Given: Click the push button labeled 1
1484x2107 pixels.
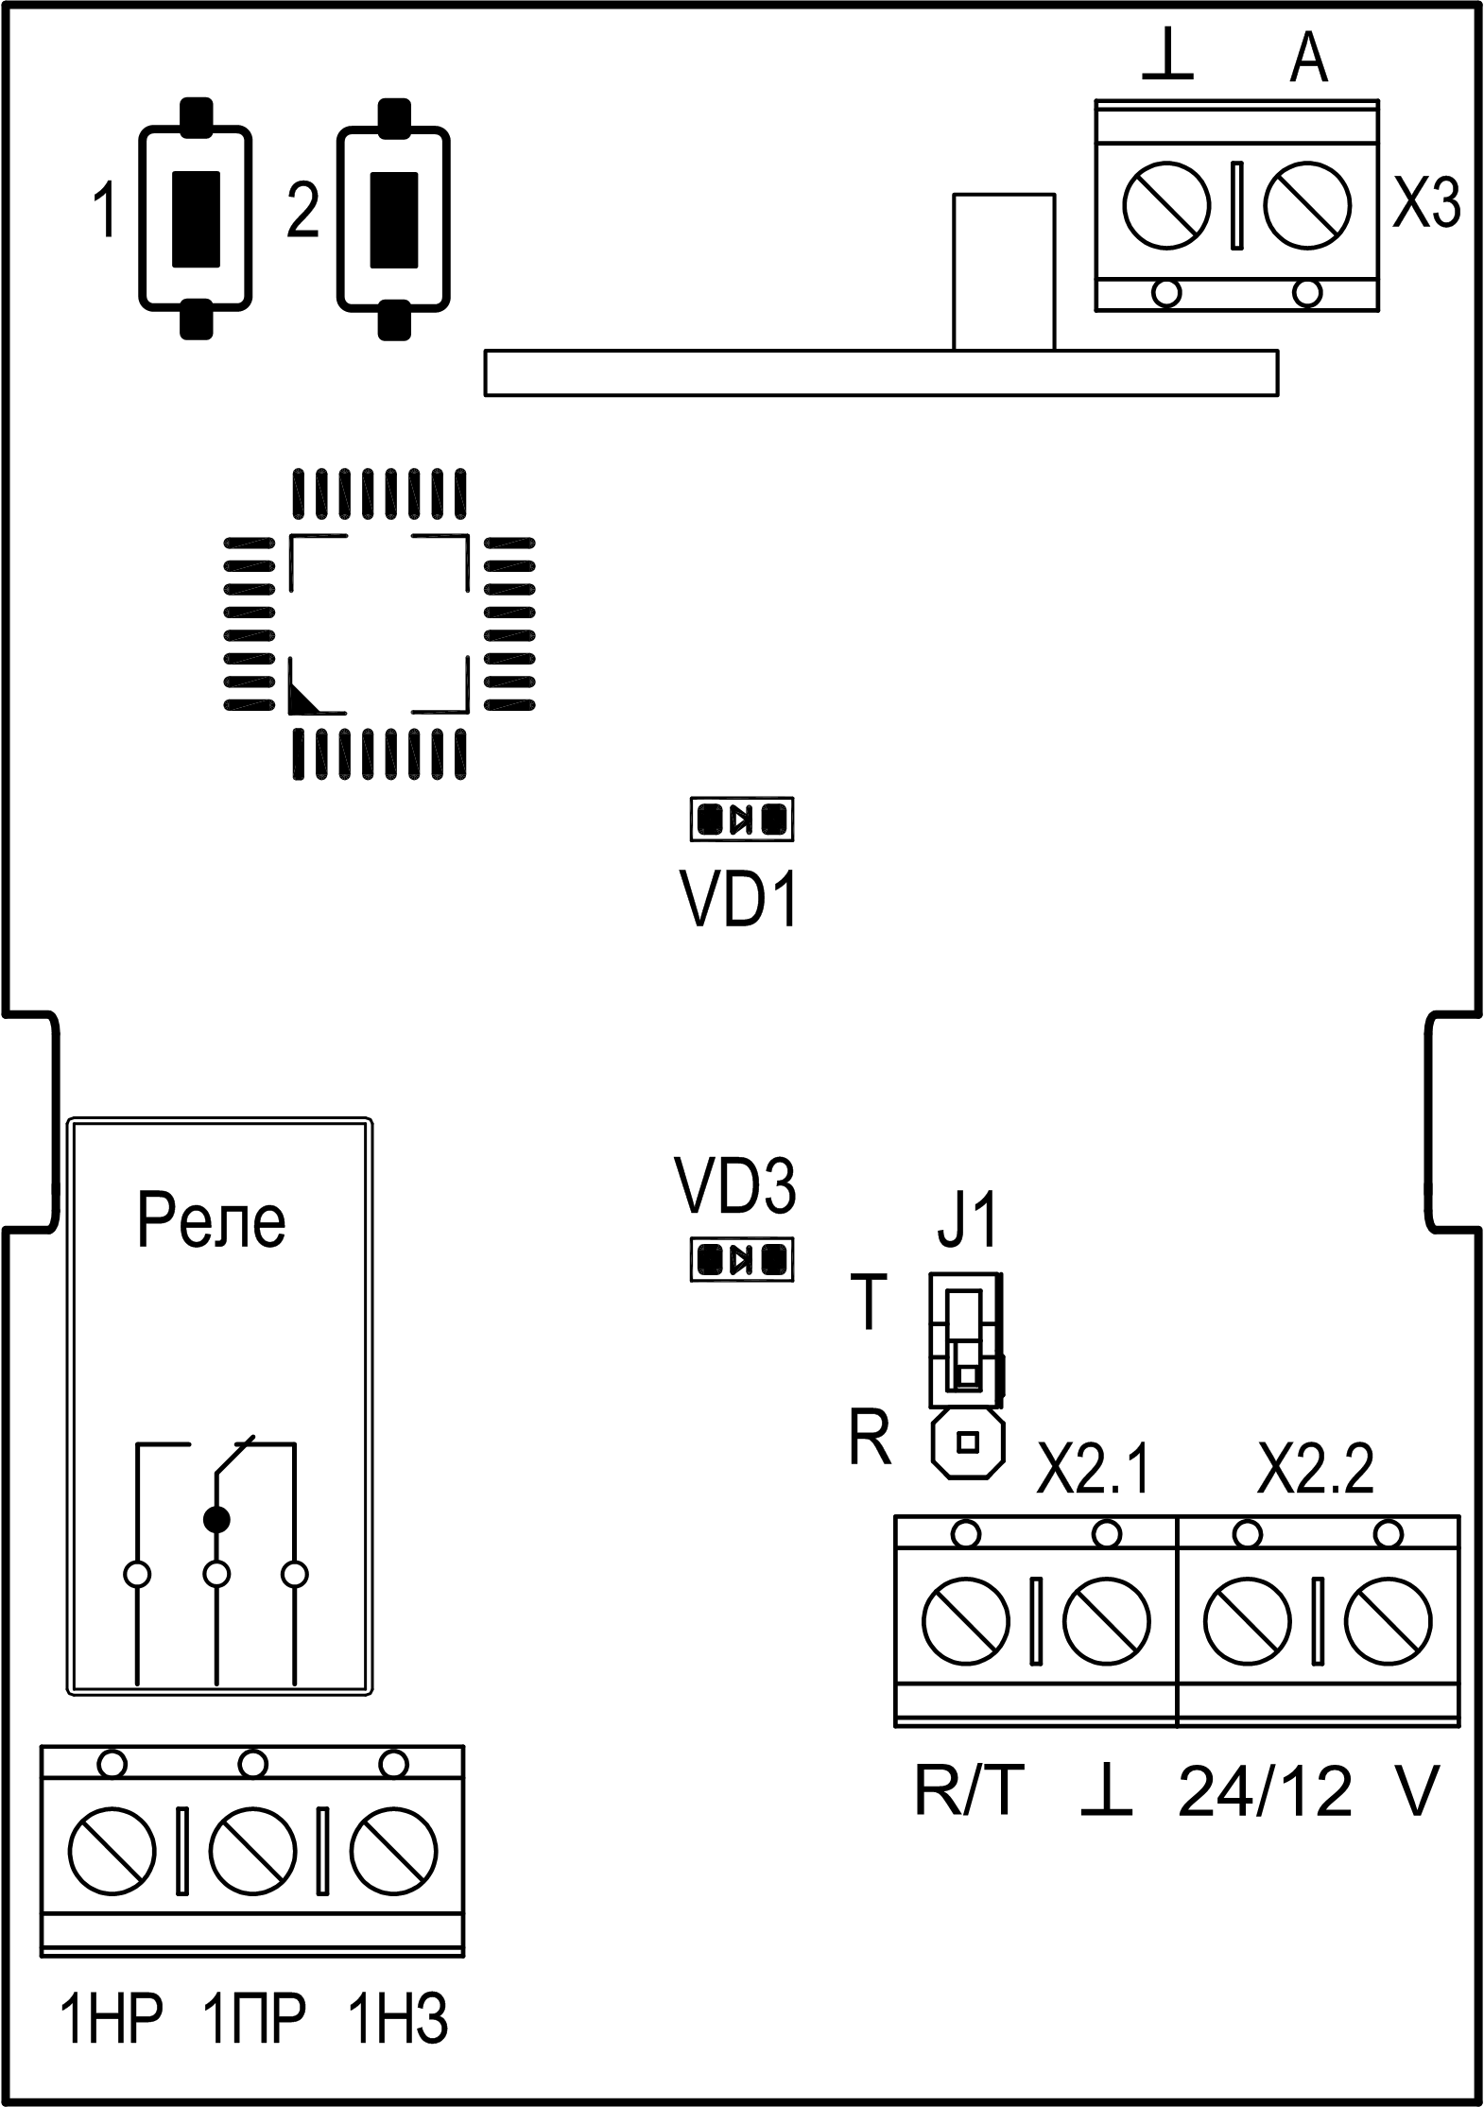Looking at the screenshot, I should click(x=197, y=218).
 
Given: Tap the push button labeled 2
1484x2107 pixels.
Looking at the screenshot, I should click(x=393, y=218).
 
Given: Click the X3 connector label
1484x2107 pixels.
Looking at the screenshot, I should click(x=1426, y=203).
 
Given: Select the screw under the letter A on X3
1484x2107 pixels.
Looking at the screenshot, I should click(x=1307, y=205).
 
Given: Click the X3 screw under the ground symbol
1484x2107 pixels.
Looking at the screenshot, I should click(x=1167, y=205).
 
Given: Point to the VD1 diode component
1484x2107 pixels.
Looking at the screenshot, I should click(x=742, y=819).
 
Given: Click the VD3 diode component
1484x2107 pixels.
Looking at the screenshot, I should click(x=742, y=1259).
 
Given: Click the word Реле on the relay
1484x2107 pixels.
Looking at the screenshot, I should click(x=211, y=1220).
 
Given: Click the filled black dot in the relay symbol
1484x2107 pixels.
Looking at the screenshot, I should click(x=217, y=1519).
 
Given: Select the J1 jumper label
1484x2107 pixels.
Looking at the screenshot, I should click(x=967, y=1224).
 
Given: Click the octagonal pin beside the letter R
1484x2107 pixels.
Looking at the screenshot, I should click(x=967, y=1442).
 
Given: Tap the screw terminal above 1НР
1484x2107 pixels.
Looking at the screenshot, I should click(x=112, y=1852).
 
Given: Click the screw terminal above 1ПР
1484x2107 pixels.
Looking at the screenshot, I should click(x=252, y=1852).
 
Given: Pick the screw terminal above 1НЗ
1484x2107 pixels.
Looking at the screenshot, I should click(x=393, y=1852).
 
